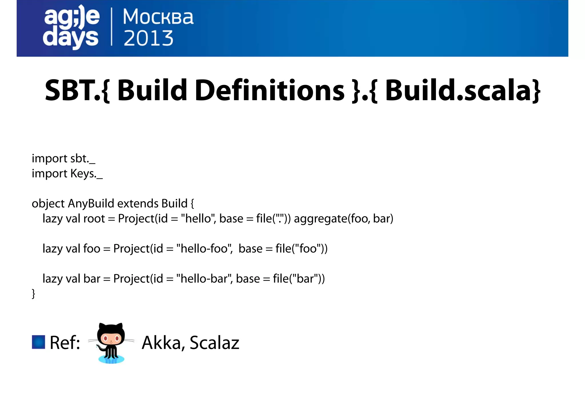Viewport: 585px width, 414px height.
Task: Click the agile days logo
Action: tap(71, 27)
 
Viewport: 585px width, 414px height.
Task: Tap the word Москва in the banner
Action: tap(158, 17)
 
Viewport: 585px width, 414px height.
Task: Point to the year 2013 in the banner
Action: tap(148, 38)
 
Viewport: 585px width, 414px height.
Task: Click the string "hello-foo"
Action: tap(204, 249)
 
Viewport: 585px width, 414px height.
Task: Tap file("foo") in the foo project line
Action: tap(301, 249)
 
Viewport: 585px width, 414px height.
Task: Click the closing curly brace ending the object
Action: tap(33, 294)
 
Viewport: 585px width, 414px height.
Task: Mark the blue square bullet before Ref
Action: tap(38, 342)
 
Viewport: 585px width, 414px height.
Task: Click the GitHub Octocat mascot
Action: tap(111, 343)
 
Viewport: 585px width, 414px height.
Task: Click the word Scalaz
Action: tap(214, 343)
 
